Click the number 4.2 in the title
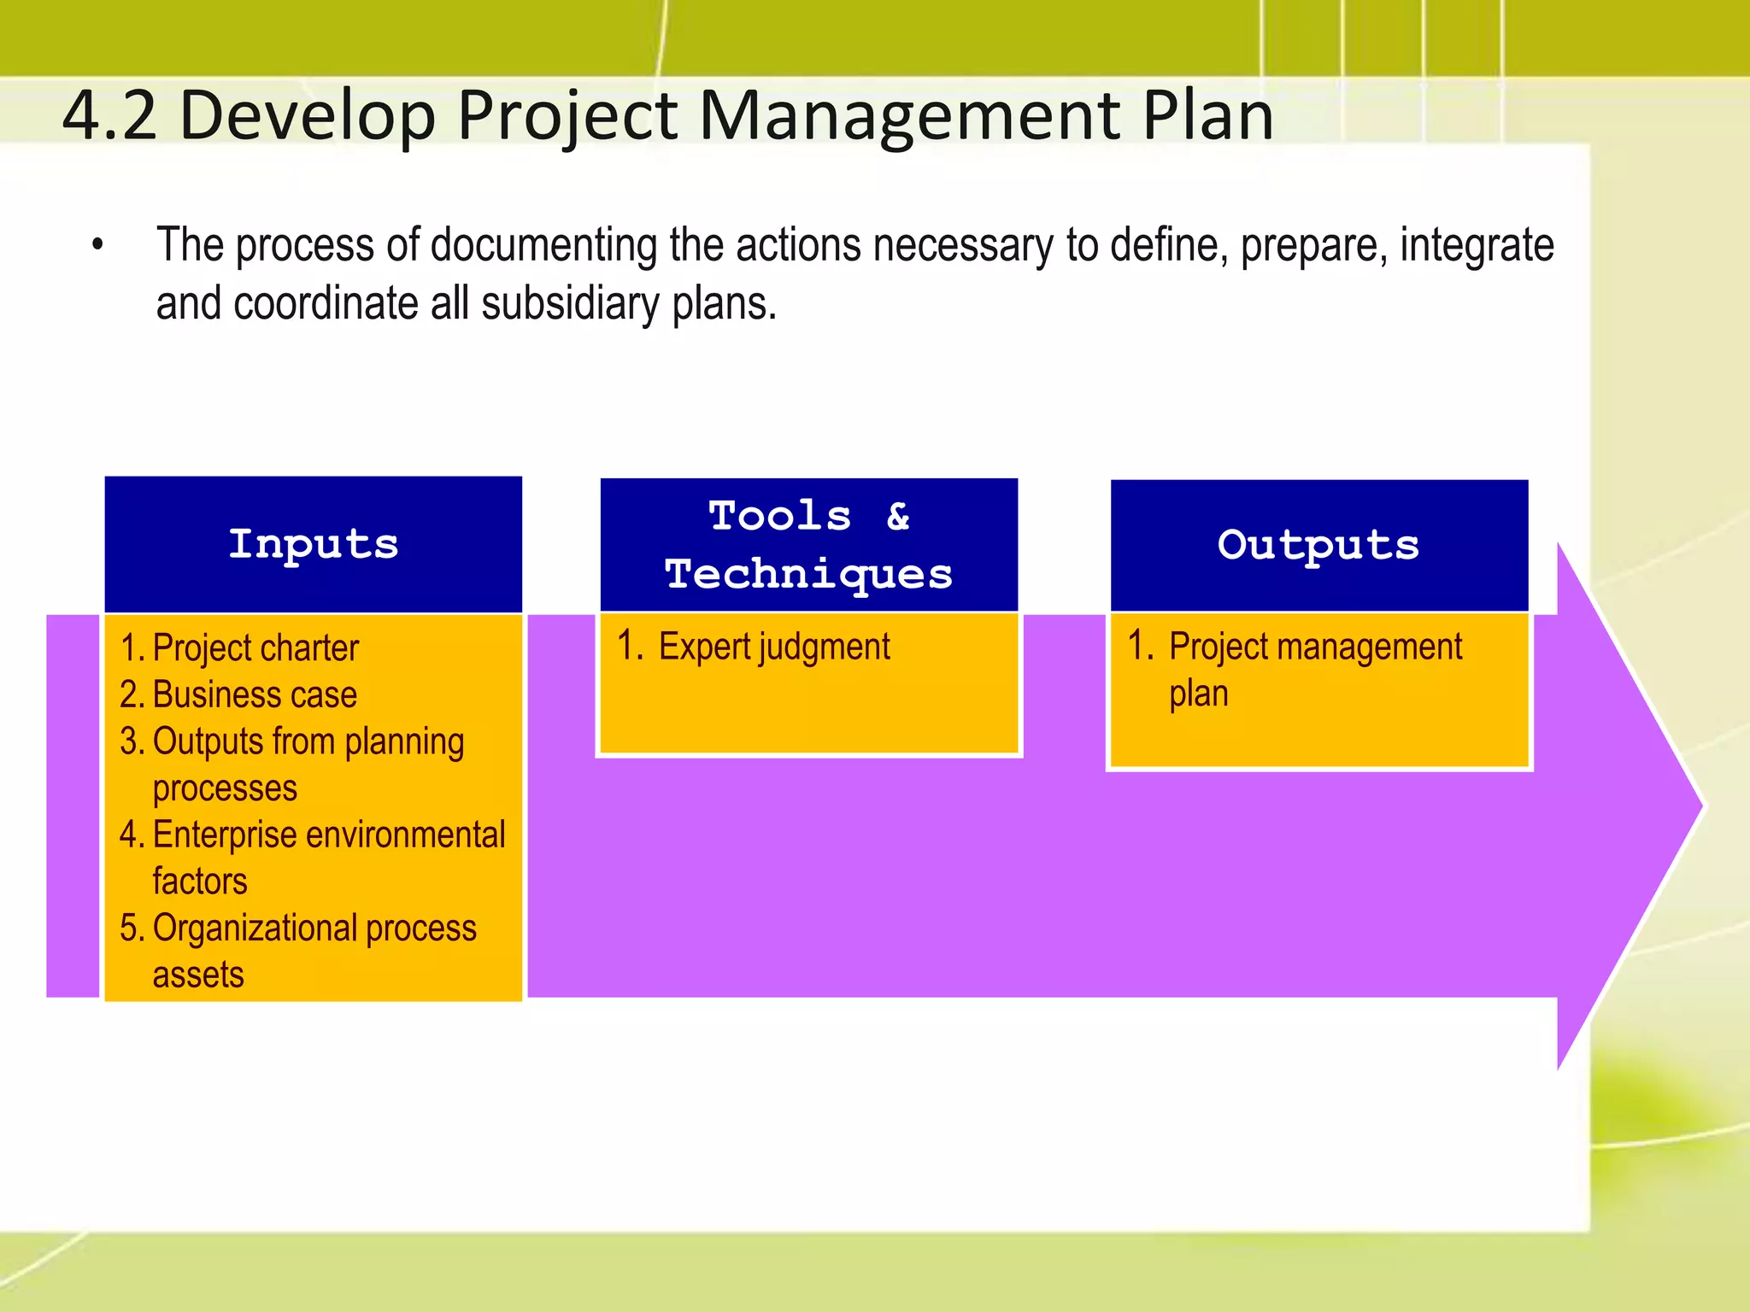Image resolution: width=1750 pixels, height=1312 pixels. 109,116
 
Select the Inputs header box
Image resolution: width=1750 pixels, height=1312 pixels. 313,544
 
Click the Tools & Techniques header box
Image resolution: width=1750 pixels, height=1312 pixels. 808,544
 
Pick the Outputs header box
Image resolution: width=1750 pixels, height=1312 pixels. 1318,544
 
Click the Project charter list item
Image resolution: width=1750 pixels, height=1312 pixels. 255,648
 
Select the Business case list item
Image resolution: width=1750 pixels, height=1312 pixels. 254,694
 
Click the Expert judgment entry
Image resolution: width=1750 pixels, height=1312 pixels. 773,647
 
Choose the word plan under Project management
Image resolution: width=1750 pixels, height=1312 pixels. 1198,694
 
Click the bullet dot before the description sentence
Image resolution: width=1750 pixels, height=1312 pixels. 98,246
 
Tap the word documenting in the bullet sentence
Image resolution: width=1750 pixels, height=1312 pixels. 543,246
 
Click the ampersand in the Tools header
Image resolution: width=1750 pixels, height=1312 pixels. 897,516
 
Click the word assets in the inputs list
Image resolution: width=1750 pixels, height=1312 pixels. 198,975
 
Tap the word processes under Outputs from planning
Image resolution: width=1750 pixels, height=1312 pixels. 225,788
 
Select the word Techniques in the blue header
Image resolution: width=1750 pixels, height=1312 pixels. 808,573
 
